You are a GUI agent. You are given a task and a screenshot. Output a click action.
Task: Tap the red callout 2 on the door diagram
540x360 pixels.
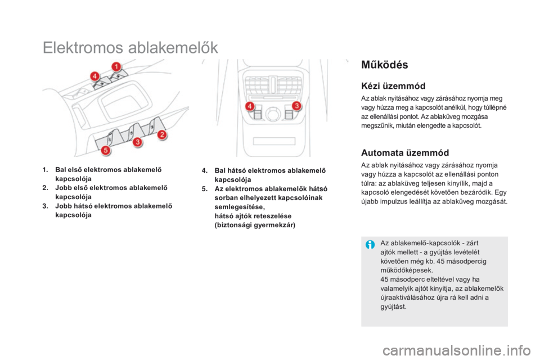(161, 134)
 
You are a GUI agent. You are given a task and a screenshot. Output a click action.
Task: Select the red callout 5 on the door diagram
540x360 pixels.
(106, 150)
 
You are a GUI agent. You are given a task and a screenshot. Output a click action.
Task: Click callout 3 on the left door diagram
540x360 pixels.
(137, 142)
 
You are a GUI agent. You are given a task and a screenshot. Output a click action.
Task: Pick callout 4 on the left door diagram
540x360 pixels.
(94, 76)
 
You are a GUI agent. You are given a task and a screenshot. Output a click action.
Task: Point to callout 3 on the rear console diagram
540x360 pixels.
(296, 106)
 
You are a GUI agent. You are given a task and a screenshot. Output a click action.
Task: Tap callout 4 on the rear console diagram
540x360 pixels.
(250, 106)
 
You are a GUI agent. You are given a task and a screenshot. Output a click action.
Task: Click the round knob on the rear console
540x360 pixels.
(273, 114)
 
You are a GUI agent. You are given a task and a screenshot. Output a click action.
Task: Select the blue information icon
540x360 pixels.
(370, 245)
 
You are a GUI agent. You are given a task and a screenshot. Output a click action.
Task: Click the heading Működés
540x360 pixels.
(384, 65)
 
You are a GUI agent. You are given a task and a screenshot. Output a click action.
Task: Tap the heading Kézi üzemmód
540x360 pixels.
(393, 85)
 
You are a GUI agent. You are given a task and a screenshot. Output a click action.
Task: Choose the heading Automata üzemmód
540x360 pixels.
(405, 152)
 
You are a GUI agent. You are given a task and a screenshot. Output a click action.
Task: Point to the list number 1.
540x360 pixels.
(45, 170)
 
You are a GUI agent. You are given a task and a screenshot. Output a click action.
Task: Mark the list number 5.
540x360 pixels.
(205, 189)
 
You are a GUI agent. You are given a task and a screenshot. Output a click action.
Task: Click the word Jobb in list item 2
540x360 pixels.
(64, 188)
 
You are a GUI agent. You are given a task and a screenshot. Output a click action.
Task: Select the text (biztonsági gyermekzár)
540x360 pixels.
(255, 226)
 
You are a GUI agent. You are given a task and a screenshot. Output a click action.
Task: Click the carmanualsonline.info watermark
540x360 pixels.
(457, 350)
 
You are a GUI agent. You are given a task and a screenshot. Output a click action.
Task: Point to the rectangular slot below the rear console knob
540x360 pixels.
(274, 141)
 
